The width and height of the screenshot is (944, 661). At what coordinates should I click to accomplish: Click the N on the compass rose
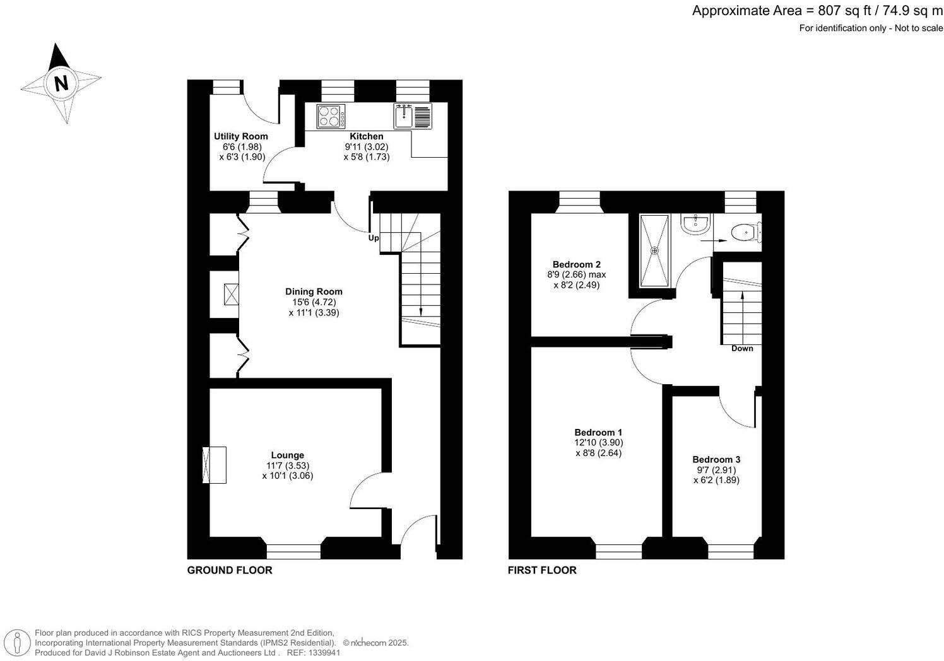point(61,83)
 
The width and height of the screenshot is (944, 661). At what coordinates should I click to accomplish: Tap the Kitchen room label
point(366,136)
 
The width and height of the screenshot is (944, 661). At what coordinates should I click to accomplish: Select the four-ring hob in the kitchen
point(331,117)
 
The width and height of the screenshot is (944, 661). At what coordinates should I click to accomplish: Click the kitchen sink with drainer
point(413,117)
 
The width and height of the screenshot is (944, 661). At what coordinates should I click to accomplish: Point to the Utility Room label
point(240,136)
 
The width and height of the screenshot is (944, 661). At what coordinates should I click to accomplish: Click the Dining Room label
point(314,291)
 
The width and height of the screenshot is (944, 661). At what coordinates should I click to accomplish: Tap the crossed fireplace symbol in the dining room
point(231,295)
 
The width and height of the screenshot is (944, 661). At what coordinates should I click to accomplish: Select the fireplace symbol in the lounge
point(214,465)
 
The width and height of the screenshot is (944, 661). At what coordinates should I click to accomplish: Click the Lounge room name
point(287,455)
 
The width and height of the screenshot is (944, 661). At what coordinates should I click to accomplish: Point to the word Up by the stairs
point(374,238)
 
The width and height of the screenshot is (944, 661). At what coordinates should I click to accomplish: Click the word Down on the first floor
point(742,348)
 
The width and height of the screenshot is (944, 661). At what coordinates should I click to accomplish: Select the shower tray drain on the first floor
point(654,251)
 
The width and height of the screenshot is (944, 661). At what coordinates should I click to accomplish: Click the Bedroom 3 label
point(716,460)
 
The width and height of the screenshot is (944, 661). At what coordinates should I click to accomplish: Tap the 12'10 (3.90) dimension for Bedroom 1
point(598,443)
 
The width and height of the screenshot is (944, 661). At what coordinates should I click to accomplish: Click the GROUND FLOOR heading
point(230,570)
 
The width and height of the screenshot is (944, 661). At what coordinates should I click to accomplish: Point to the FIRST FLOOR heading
point(542,570)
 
